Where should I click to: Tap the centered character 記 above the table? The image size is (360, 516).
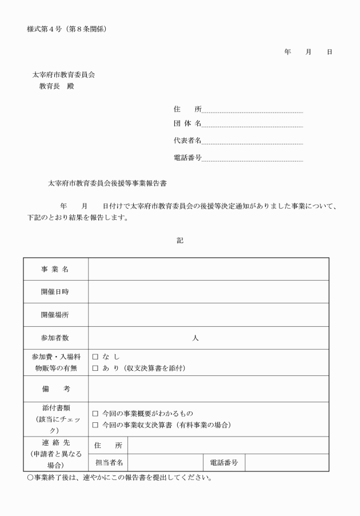[180, 241]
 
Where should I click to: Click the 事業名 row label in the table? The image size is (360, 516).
[55, 269]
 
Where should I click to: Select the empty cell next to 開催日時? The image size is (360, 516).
[209, 292]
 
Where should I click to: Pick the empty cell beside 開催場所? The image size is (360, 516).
[209, 315]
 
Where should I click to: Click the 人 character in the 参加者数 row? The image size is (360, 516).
[195, 338]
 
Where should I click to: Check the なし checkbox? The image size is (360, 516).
[95, 357]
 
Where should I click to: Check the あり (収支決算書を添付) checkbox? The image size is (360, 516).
[95, 368]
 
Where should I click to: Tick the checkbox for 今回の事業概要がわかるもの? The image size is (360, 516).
[95, 413]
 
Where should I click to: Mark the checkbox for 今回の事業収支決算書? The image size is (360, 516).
[95, 425]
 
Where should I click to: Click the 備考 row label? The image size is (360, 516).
[55, 389]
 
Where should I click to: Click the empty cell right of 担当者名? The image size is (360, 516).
[165, 462]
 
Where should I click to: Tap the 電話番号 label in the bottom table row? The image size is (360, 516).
[223, 462]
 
